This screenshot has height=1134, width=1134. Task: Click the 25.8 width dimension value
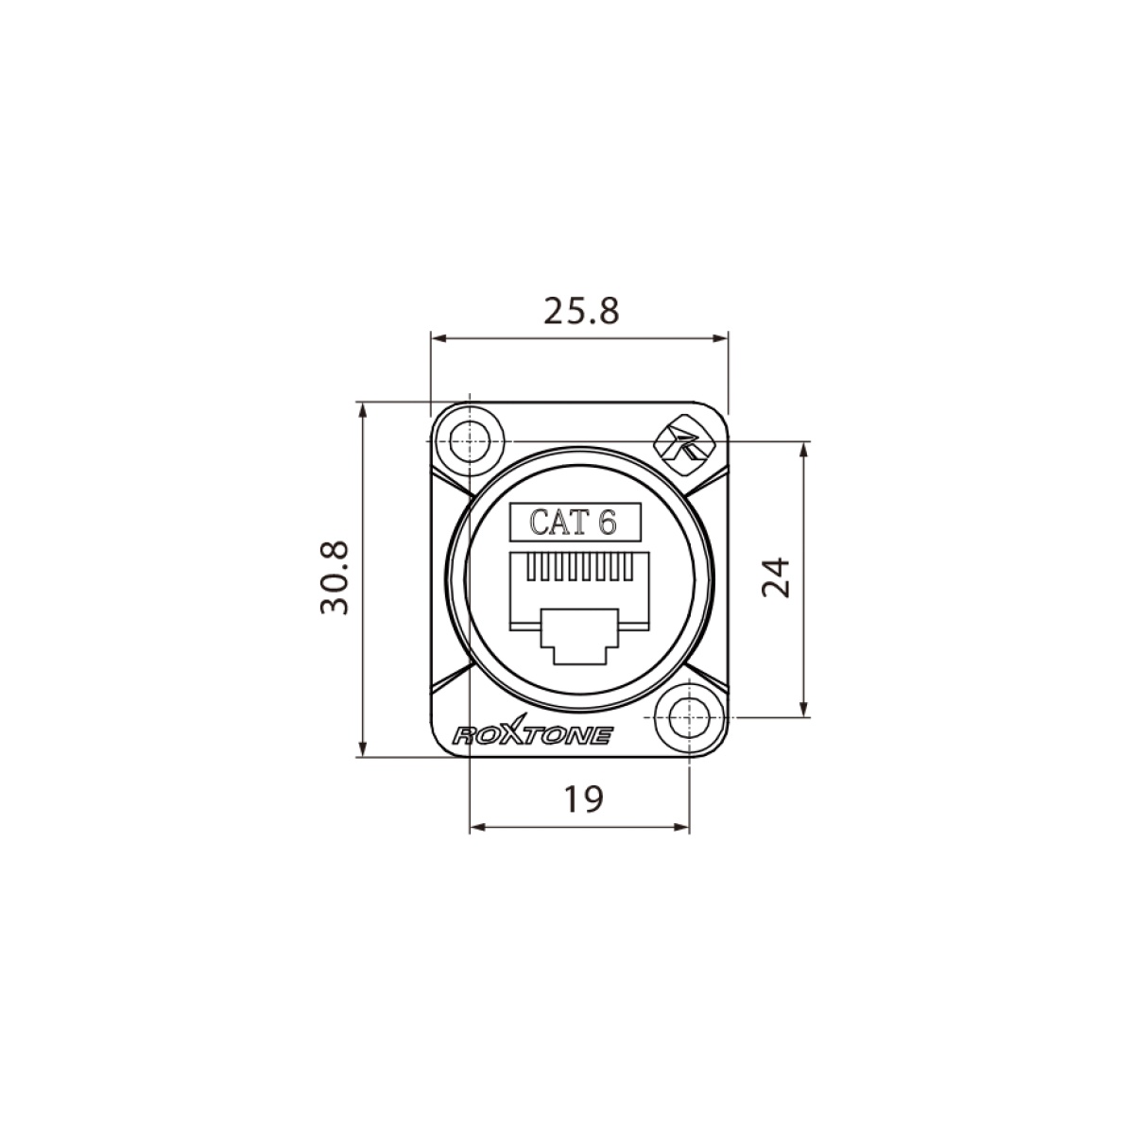(x=581, y=311)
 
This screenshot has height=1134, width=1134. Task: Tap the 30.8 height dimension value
(x=335, y=578)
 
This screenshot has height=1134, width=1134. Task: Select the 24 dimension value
(x=775, y=577)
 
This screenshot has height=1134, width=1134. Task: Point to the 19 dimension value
(x=583, y=799)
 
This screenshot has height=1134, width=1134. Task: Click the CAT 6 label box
(x=574, y=522)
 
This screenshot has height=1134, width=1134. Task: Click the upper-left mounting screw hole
(x=470, y=440)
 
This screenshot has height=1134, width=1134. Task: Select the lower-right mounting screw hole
(x=690, y=718)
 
